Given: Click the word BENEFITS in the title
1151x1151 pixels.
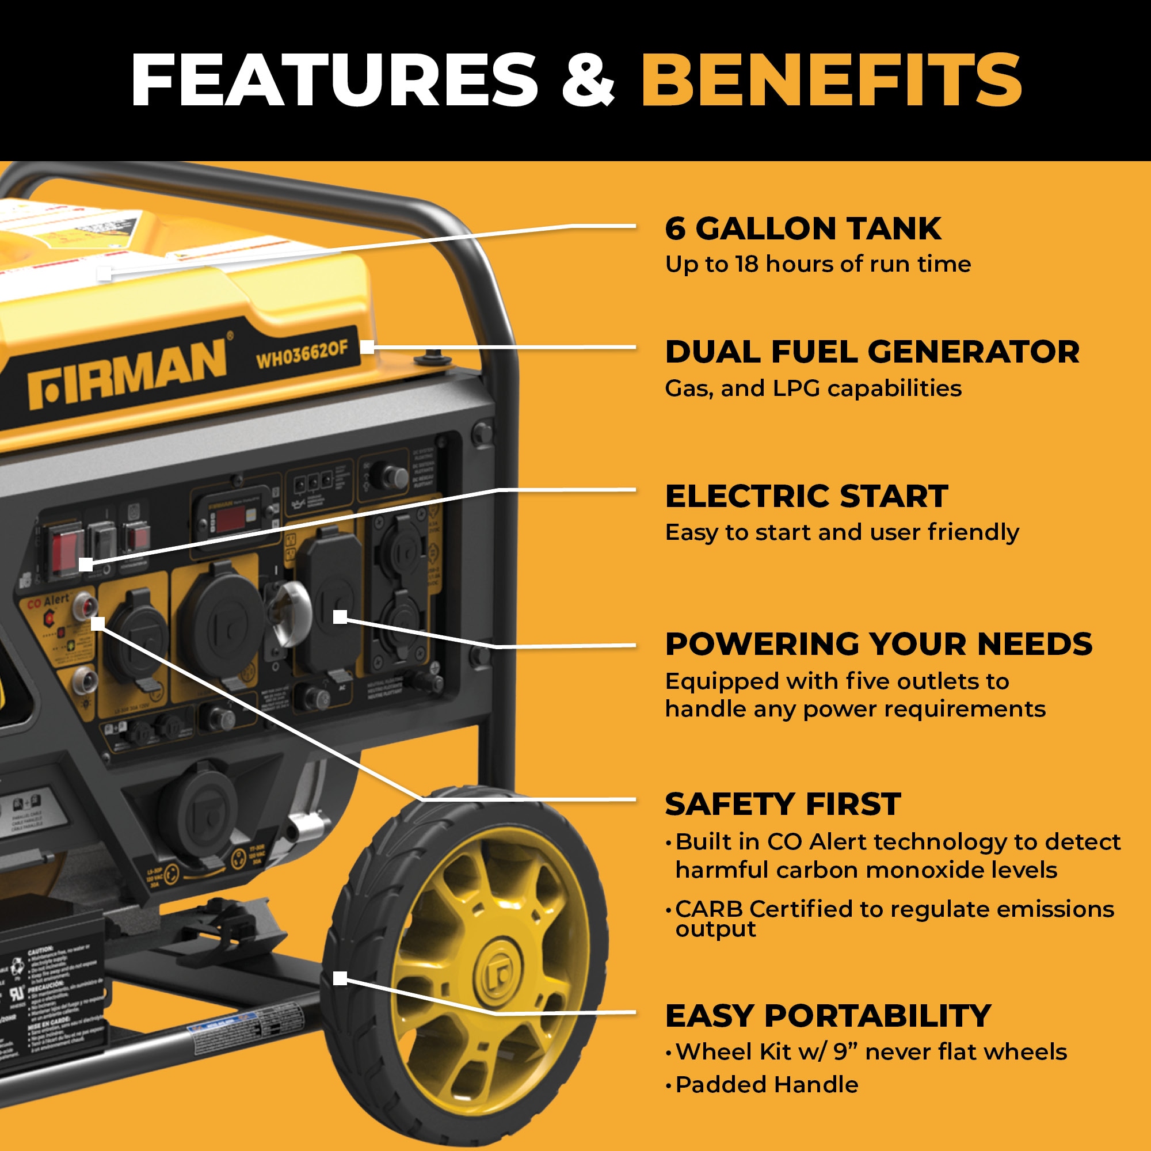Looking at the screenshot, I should pos(831,80).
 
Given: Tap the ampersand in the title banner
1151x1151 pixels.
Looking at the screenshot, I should pos(588,81).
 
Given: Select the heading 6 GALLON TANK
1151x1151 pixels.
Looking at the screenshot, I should pos(802,229).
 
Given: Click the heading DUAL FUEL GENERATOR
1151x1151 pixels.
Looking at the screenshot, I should pos(871,352).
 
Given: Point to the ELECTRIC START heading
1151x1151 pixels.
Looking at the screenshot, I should pos(806,496).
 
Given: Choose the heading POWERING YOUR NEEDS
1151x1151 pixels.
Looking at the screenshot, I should pos(878,644).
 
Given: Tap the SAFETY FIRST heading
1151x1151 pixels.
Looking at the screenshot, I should pos(782,805).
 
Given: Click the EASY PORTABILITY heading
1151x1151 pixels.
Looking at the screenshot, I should pos(828,1016).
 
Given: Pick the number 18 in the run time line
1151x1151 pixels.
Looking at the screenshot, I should pos(746,264).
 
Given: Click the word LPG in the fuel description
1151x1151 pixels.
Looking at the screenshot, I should pos(796,388).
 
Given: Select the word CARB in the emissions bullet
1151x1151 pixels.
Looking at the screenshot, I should pos(708,909).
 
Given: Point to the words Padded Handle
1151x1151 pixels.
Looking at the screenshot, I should pos(767,1085).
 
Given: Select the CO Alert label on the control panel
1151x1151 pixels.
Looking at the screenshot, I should pos(49,602).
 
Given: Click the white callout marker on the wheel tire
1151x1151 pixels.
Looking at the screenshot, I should pos(340,978).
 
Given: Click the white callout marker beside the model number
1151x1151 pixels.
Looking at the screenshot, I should pos(368,346).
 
